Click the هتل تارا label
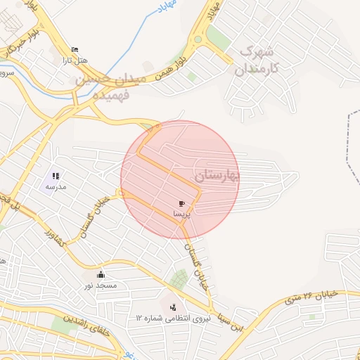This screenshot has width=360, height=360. pos(76,61)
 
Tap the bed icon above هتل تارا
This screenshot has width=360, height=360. pos(75,50)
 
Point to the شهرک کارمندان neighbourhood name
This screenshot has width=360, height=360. pos(257,60)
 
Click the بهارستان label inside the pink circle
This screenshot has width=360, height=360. pos(214,174)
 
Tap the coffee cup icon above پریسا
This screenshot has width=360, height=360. pos(182,203)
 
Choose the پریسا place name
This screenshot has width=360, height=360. pos(181,212)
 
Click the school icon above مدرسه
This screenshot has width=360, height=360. pos(56,176)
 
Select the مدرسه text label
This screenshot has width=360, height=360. pos(56,186)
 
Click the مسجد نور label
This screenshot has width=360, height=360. pos(101,285)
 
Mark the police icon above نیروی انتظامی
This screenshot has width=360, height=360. pos(173,307)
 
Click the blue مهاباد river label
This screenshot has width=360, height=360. pos(169,9)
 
